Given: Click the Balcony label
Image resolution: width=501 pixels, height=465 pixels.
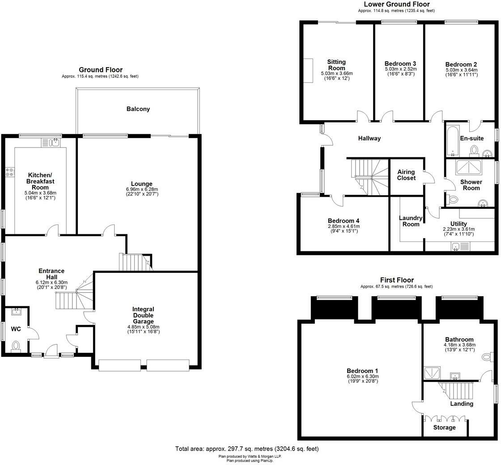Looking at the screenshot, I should [x=138, y=109].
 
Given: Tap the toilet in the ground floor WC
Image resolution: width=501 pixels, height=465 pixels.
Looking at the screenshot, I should [x=16, y=346].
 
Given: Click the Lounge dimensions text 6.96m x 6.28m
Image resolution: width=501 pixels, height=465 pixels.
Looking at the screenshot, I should [x=142, y=189].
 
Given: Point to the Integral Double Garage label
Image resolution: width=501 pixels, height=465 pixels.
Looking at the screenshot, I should [x=143, y=315].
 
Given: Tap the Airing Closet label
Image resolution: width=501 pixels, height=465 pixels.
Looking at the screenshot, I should [x=406, y=175].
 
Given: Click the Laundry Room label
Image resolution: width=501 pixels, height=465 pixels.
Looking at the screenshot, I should [x=411, y=221].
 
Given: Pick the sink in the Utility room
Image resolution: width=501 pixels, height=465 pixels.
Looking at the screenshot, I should [x=456, y=246].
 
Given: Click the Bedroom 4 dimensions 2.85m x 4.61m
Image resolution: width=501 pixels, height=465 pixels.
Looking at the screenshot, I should [x=343, y=226].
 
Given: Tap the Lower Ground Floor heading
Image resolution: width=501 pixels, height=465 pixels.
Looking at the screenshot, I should [x=396, y=4].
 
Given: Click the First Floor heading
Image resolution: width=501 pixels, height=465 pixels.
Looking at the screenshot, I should [x=397, y=280].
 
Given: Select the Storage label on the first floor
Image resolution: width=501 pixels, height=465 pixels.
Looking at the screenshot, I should [x=445, y=427].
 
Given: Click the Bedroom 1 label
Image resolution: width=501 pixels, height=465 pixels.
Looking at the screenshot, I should [x=362, y=371].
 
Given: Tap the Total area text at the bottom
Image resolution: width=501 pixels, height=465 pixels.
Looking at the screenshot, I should [x=246, y=448].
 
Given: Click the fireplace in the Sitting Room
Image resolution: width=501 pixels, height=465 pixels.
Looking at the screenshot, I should [x=309, y=71].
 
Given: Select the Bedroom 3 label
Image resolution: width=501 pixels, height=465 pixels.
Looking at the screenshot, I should [x=400, y=63].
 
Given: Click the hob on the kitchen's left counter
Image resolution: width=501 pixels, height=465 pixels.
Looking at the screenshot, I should [x=9, y=172].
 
